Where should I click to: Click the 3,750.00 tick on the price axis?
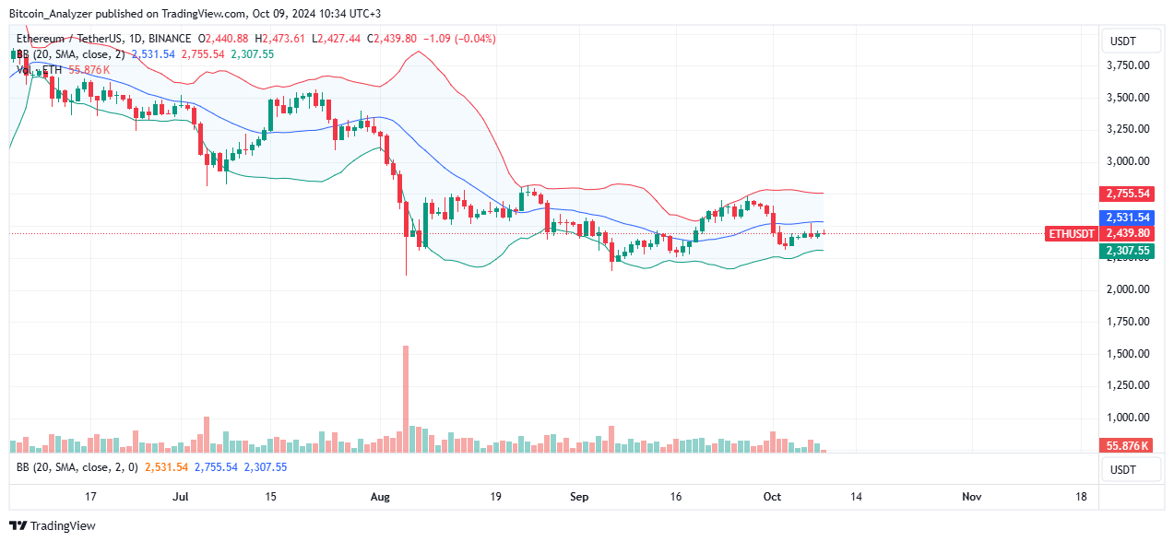pos(1128,65)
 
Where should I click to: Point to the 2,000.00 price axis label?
pos(1128,289)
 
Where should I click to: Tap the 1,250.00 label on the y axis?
pos(1128,385)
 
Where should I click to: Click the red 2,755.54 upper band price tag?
pos(1128,194)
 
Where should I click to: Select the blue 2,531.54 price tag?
pos(1128,218)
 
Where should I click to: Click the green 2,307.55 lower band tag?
pos(1128,250)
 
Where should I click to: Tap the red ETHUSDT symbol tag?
pos(1072,234)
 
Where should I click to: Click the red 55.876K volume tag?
pos(1128,446)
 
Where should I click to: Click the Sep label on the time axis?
pos(579,497)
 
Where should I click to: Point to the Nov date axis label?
pos(971,497)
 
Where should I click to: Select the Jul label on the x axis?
pos(181,497)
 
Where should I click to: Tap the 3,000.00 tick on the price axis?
pos(1128,161)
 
